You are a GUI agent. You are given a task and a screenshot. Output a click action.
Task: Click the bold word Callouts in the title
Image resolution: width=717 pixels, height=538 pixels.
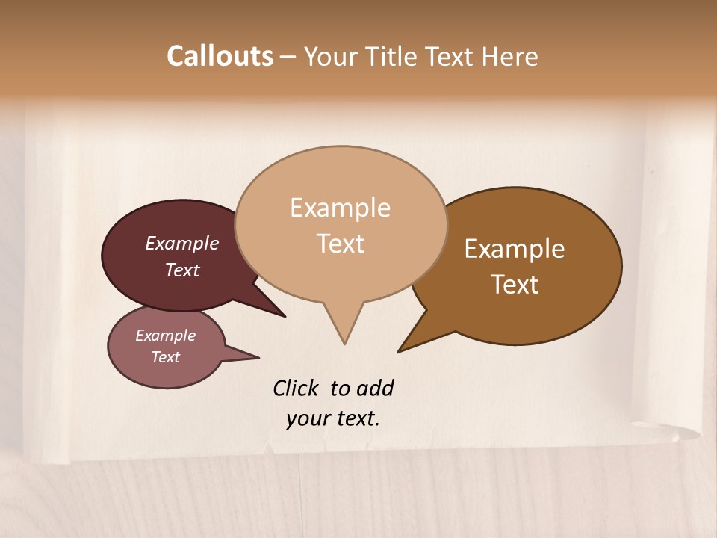tap(220, 56)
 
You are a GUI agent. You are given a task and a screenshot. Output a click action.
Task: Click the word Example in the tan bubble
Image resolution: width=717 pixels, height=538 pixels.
tap(340, 208)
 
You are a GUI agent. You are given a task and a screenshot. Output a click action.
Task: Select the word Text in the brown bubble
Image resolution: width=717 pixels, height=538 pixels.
tap(515, 285)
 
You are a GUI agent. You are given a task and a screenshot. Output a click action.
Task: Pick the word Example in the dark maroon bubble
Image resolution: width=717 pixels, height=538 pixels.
tap(182, 243)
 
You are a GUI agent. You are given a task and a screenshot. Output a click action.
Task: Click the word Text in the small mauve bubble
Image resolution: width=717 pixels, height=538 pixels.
tap(165, 357)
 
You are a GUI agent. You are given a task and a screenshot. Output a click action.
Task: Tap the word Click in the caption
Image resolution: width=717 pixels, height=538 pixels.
tap(297, 388)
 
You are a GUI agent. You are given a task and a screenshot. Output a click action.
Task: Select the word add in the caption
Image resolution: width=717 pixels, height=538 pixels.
tap(375, 388)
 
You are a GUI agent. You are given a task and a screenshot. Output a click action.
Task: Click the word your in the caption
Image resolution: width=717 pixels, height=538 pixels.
tap(307, 418)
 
